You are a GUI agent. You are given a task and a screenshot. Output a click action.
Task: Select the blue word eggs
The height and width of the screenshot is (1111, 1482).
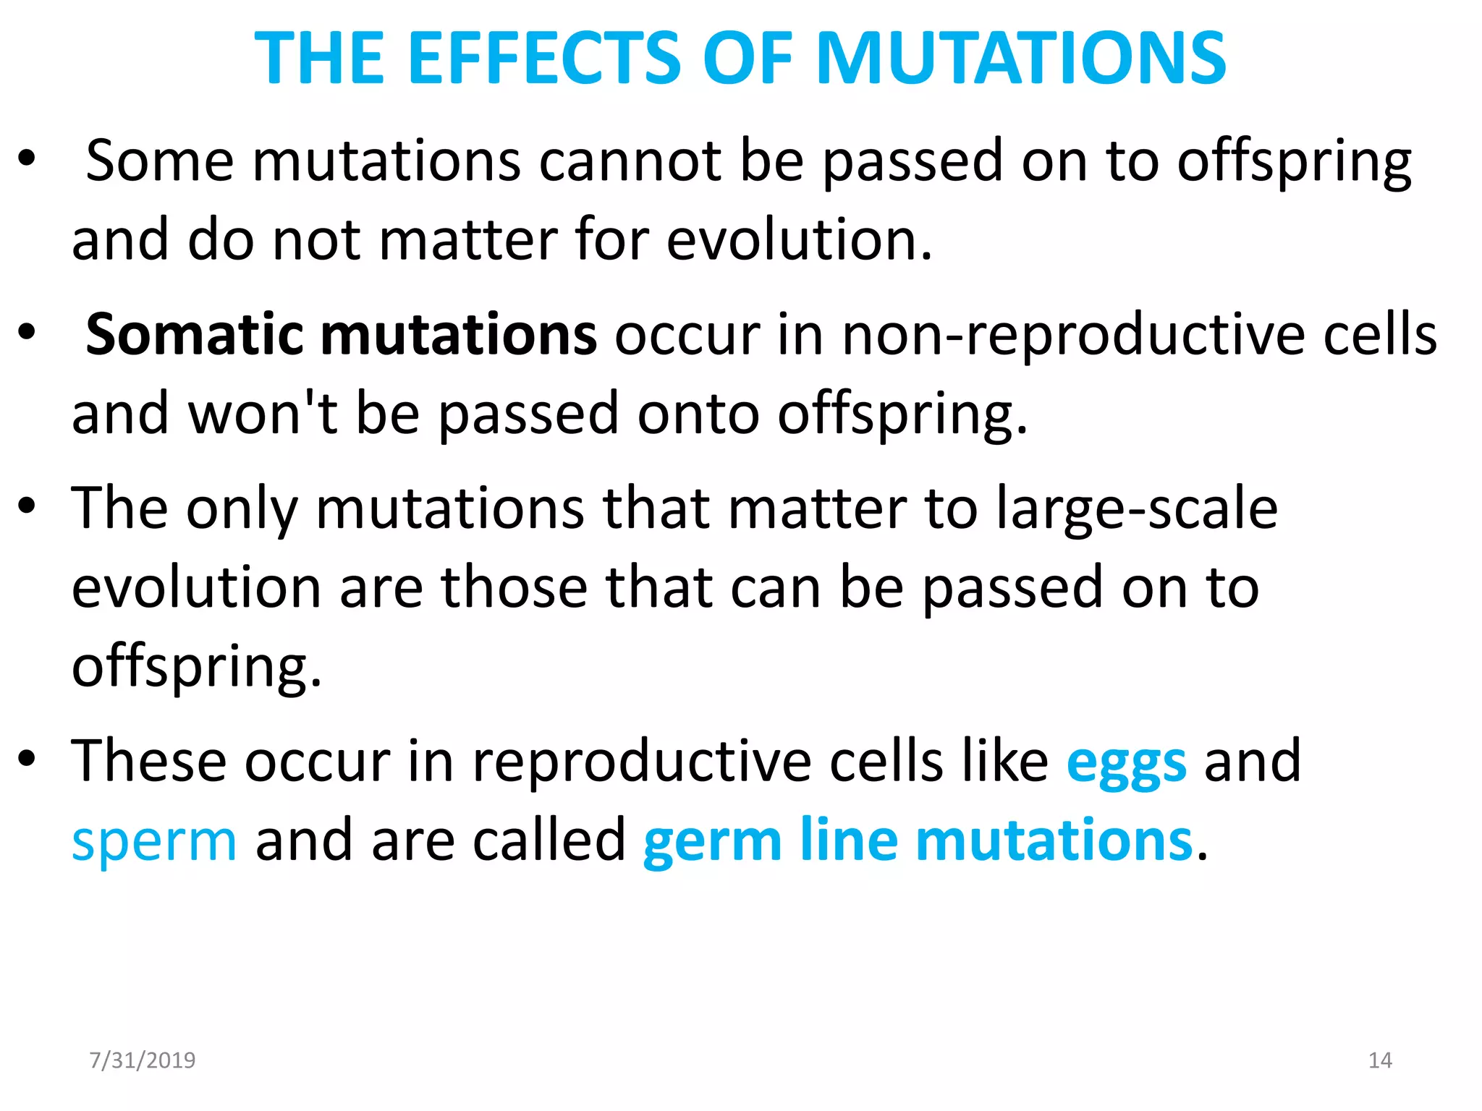1126,763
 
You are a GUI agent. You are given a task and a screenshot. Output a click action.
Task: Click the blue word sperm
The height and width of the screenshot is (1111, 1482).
154,841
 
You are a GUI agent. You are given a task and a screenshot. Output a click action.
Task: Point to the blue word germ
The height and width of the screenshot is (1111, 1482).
712,841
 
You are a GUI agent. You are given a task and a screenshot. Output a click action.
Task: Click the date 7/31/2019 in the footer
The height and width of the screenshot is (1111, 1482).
143,1060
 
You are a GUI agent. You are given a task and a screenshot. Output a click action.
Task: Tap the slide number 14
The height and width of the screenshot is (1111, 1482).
1380,1060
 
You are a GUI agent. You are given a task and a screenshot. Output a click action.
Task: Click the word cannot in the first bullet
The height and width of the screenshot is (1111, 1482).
630,161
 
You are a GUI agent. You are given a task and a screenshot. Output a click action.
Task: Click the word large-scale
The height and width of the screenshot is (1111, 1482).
1137,508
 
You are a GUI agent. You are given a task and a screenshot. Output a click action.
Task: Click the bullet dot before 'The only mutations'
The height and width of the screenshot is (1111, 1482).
27,506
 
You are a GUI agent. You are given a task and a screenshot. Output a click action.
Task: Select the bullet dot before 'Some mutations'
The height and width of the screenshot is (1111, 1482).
27,158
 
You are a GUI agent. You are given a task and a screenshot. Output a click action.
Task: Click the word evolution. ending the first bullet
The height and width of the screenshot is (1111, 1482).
798,240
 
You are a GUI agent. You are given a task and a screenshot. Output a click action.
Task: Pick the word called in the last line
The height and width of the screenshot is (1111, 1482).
549,841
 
